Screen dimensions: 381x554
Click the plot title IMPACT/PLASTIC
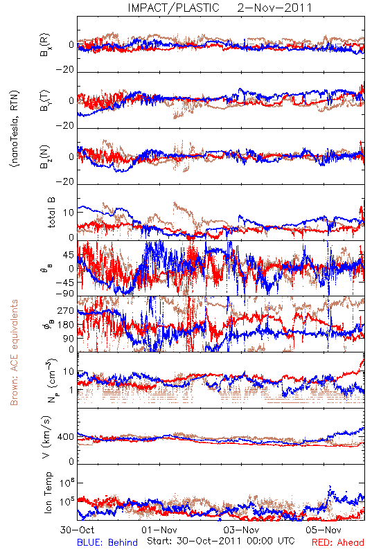point(173,8)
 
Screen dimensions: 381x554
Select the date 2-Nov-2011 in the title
point(274,8)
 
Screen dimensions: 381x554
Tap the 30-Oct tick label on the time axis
point(77,530)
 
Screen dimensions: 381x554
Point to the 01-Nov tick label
point(159,530)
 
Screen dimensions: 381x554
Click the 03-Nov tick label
point(242,530)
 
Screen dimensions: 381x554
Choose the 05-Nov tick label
point(324,530)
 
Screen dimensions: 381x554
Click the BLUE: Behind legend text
point(107,542)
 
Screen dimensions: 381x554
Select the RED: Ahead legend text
point(338,542)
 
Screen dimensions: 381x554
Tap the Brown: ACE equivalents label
point(14,352)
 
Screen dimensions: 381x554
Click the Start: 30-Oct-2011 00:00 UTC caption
point(221,541)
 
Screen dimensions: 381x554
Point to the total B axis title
point(51,213)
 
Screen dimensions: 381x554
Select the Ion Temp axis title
point(48,492)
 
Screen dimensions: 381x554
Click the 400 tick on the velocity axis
point(66,437)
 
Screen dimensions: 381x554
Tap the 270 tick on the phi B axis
point(66,310)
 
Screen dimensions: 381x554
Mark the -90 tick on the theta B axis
point(65,294)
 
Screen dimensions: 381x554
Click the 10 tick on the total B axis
point(69,213)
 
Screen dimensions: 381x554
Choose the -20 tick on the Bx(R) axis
point(65,70)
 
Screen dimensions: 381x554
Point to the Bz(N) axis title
point(45,157)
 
